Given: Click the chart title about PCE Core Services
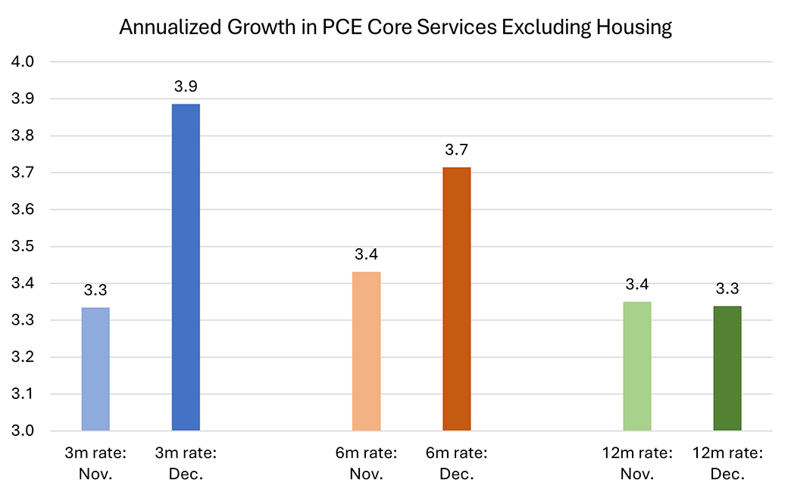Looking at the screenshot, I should [x=395, y=28].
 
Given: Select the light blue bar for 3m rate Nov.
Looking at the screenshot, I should [x=95, y=369].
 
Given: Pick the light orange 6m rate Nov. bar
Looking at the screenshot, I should [x=367, y=352].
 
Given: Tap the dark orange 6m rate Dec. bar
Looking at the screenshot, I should [x=457, y=299].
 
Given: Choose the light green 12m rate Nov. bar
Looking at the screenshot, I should [x=637, y=366].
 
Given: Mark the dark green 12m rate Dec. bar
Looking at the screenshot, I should [x=727, y=369].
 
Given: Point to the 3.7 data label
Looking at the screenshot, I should [x=457, y=150].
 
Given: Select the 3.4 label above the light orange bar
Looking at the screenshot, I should [x=367, y=254].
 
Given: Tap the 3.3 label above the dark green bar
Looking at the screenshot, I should [x=727, y=288].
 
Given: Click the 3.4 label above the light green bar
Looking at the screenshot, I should [x=637, y=285].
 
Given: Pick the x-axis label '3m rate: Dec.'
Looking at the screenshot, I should [x=186, y=463].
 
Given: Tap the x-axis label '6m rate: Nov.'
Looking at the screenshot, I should [x=367, y=463].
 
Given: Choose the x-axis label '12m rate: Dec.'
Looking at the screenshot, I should [x=727, y=463].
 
